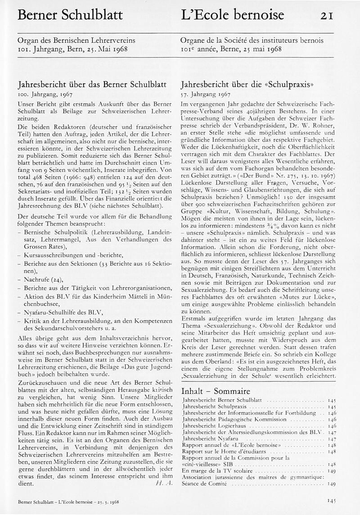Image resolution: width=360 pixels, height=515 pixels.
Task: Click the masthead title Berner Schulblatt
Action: [x=70, y=15]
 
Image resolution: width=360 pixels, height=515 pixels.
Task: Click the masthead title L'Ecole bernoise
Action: [x=232, y=15]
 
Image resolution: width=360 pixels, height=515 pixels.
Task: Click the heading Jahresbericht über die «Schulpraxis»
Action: [x=247, y=85]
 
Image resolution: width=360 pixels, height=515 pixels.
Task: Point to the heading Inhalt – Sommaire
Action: [x=216, y=391]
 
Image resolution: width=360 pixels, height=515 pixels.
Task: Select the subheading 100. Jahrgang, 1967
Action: [x=45, y=95]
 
